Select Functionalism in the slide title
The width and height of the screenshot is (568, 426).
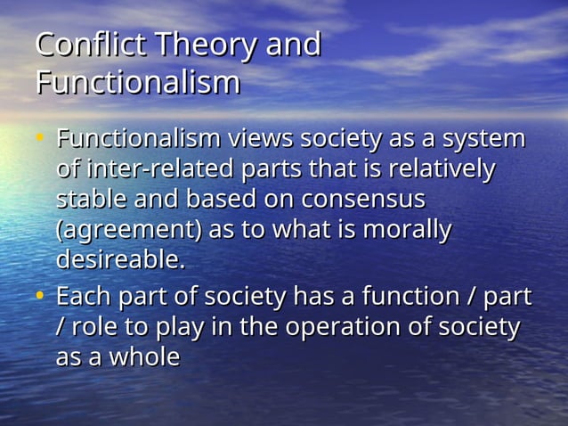click(138, 82)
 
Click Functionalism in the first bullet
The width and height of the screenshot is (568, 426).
click(138, 140)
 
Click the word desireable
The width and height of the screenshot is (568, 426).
click(119, 261)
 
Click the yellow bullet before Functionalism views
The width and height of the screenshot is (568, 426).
click(40, 139)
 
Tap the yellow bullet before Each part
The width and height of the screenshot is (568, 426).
click(40, 295)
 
